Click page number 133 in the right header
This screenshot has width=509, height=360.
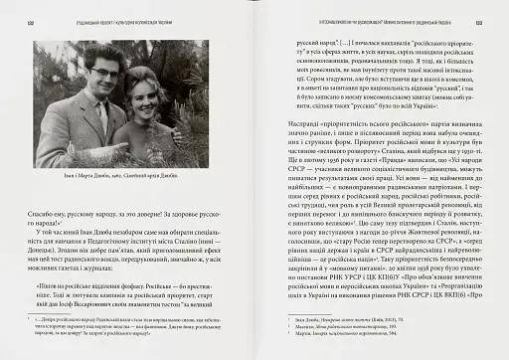point(477,14)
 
